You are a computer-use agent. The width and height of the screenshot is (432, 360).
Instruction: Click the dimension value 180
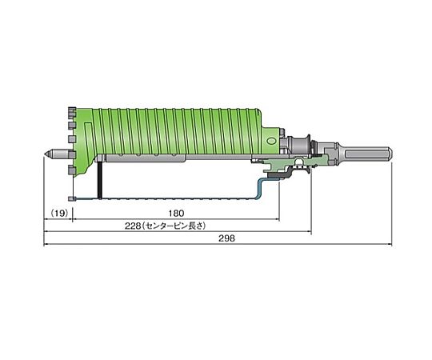click(x=176, y=213)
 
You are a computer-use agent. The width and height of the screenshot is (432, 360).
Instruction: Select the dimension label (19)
click(x=59, y=213)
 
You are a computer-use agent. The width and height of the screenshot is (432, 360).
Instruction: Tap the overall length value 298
click(x=226, y=238)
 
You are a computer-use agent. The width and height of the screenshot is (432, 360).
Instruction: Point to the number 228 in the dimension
click(x=133, y=226)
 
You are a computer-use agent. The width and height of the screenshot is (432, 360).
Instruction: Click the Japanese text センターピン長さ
click(x=174, y=226)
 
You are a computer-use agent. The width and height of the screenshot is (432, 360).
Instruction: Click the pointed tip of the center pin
click(x=45, y=154)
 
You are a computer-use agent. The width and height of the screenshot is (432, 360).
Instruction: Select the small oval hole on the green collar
click(x=271, y=141)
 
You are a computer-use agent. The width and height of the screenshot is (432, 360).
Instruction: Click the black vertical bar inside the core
click(x=100, y=179)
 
